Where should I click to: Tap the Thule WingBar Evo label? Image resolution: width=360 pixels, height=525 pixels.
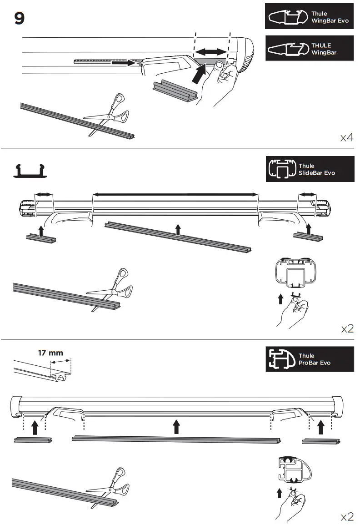click(309, 17)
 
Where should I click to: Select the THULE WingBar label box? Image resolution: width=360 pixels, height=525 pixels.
click(309, 49)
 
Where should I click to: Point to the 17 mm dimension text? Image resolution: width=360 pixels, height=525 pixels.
click(50, 353)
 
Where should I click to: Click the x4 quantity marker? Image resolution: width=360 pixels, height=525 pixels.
click(346, 138)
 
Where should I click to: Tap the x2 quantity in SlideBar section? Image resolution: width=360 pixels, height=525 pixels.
click(347, 328)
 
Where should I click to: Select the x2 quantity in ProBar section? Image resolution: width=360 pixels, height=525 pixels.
click(347, 516)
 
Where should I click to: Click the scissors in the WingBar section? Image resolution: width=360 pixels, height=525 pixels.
click(109, 113)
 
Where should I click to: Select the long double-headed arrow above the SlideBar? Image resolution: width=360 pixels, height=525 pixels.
click(175, 194)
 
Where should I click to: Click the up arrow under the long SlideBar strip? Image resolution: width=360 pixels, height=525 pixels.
click(178, 229)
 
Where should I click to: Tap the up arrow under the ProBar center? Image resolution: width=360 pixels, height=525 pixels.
click(176, 427)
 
